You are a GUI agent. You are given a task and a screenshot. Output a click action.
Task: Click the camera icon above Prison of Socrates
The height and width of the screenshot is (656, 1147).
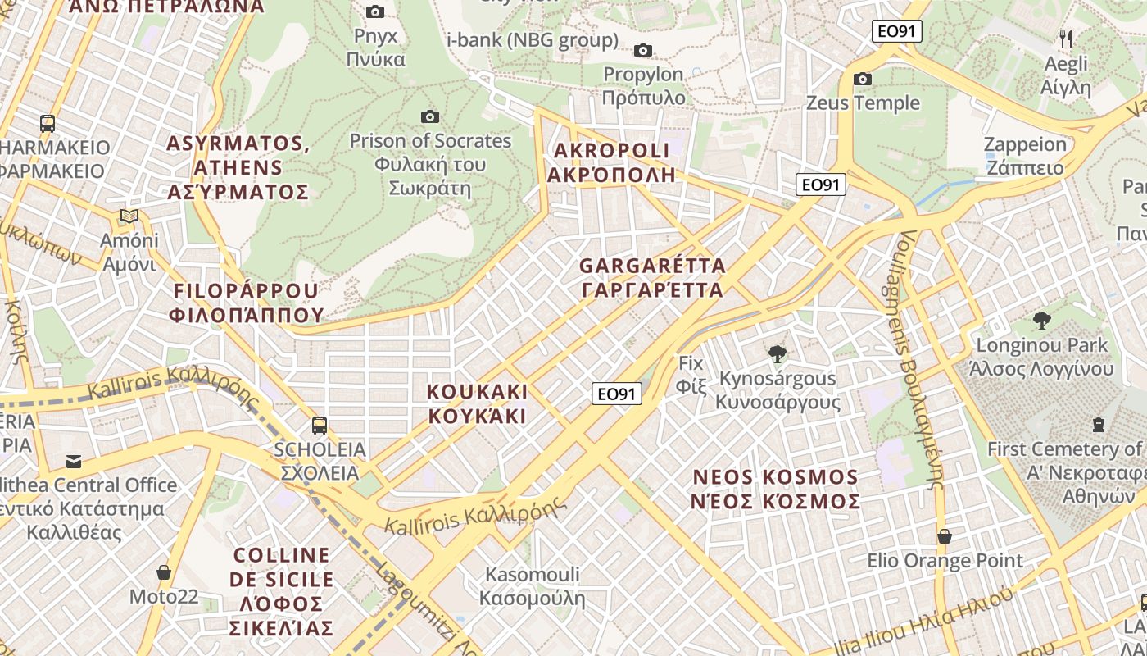pos(429,116)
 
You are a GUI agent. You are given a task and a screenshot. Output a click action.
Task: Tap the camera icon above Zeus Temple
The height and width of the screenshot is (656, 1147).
pos(863,79)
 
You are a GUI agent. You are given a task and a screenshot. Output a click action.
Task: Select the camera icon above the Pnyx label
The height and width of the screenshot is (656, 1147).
pos(375,11)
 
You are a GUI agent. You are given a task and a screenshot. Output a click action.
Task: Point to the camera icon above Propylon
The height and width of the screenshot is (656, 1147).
pos(643,50)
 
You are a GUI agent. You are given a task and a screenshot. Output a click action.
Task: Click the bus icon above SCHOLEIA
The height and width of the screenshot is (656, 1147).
pos(320,425)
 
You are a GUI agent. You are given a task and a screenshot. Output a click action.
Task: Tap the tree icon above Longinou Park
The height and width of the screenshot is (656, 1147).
pos(1041,320)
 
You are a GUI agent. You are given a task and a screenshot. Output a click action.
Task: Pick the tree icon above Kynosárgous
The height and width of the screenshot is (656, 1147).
pos(777,354)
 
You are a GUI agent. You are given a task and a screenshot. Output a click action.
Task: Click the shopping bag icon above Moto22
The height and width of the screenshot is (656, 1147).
pos(164,572)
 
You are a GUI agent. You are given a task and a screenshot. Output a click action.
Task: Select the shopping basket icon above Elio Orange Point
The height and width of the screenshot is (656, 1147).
pos(945,536)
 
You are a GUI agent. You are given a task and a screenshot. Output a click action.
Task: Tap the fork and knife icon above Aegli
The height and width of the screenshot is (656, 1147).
pos(1066,39)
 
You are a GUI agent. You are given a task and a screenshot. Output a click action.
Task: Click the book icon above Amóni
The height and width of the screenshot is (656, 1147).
pos(129,216)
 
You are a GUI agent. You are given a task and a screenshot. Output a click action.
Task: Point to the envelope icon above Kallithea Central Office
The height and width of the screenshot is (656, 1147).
pos(74,461)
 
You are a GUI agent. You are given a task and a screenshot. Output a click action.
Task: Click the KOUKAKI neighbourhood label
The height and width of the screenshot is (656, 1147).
pos(477,403)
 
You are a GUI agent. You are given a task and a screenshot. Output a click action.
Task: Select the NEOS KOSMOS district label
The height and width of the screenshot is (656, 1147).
pos(775,489)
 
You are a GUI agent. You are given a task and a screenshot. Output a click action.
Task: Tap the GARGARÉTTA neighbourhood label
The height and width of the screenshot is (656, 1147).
pos(652,278)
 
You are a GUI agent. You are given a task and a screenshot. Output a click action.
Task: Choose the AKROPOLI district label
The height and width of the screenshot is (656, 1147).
pos(612,162)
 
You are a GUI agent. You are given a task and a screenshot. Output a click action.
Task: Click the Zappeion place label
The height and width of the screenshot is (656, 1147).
pos(1024,156)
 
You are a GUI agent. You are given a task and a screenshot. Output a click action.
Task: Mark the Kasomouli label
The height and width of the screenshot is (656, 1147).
pos(532,585)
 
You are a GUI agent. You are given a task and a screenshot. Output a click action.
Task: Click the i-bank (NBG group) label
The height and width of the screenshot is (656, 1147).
pos(532,39)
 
